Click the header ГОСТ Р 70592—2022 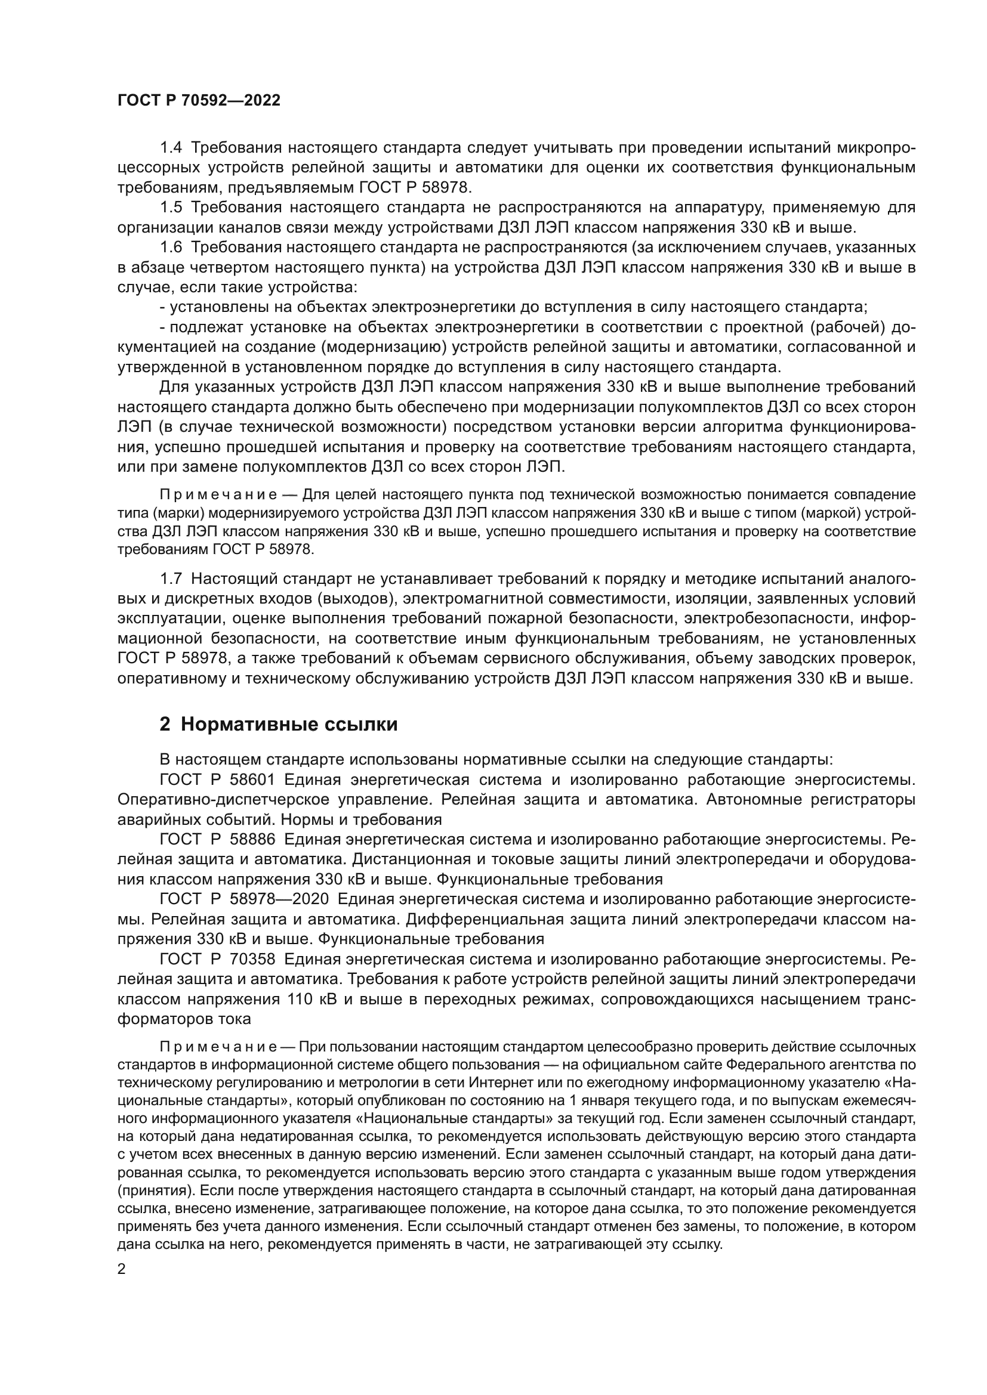(199, 101)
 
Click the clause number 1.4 (171, 148)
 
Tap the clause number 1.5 (171, 207)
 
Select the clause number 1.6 (171, 248)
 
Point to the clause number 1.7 (171, 579)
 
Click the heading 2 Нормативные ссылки (278, 724)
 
